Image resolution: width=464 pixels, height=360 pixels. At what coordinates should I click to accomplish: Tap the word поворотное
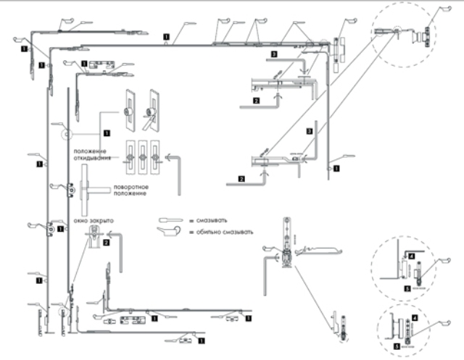tap(128, 188)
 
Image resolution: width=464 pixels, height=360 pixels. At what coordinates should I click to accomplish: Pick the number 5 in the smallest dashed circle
tap(397, 347)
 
